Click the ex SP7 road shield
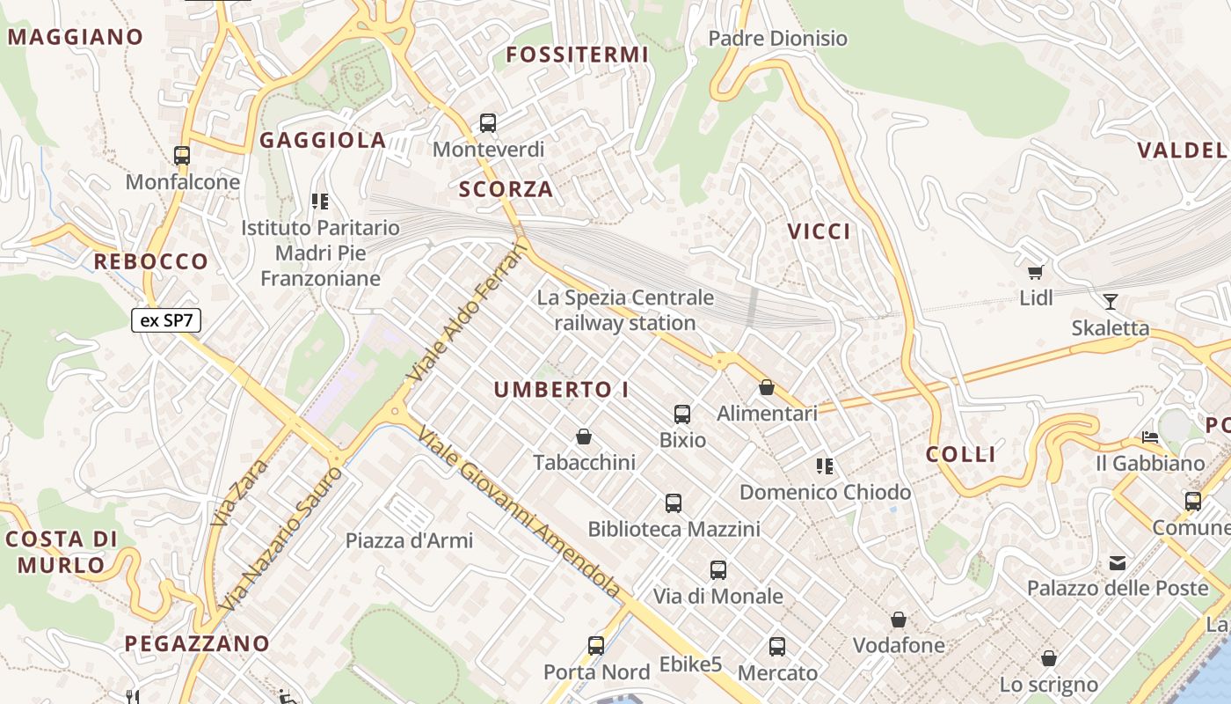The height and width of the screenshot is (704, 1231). [166, 320]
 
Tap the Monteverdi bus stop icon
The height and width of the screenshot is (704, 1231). [488, 123]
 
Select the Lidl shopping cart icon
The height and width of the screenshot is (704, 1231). [1036, 272]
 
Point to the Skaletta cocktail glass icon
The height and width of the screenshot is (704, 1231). [1111, 302]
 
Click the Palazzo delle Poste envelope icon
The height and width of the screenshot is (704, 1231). [1118, 562]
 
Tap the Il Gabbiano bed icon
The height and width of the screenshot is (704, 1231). [1149, 436]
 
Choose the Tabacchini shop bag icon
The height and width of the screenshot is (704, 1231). [583, 436]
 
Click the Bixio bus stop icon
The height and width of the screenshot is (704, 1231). [681, 414]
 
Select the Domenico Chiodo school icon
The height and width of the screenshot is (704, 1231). [825, 466]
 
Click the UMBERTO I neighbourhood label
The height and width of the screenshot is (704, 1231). [561, 390]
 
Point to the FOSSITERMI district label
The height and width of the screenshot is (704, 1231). [577, 55]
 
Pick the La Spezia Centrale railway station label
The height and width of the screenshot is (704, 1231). [625, 311]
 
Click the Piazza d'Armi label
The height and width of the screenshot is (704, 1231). [409, 540]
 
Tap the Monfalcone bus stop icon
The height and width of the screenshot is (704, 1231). [182, 156]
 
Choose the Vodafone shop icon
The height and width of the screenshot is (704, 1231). [899, 620]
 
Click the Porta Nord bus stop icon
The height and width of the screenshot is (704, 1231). [596, 646]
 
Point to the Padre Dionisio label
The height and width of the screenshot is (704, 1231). [777, 39]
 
